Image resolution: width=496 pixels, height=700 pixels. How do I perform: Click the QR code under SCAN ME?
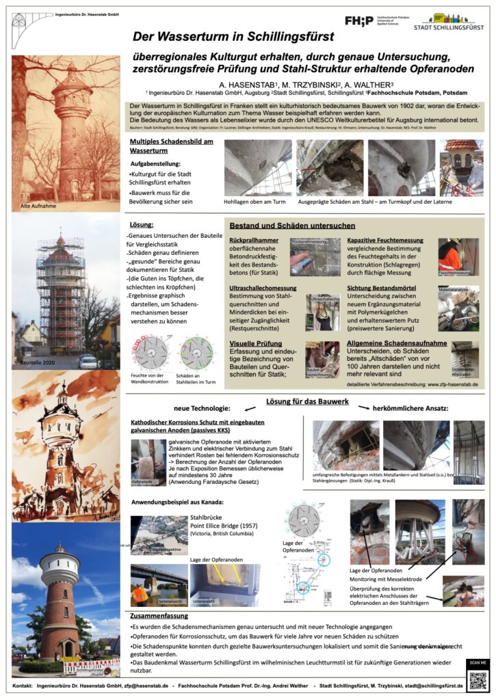[x=476, y=681]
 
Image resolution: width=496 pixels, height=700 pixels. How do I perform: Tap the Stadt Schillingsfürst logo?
[x=448, y=21]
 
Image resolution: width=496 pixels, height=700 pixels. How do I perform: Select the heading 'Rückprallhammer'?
[x=253, y=241]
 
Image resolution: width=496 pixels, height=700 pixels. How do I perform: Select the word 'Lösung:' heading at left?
[x=142, y=224]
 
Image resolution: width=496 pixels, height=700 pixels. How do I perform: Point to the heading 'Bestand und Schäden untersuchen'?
[x=292, y=225]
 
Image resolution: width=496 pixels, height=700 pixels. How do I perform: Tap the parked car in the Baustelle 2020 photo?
[x=88, y=360]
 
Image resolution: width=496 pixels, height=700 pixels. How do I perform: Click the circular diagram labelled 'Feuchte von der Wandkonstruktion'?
[x=146, y=352]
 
